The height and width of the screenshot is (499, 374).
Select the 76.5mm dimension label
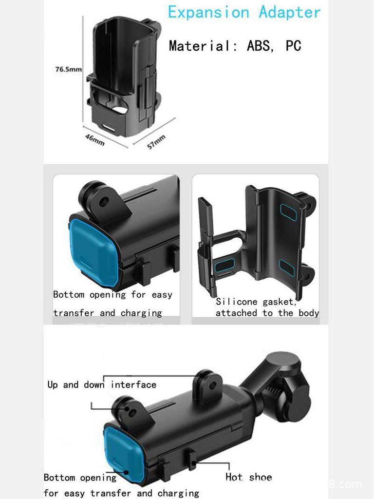tap(68, 69)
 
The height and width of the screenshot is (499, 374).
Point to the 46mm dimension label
tap(94, 139)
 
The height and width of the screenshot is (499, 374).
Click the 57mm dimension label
tap(156, 142)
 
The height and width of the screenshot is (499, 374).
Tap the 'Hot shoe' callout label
tap(248, 477)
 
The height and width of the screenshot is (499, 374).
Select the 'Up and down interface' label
tap(102, 384)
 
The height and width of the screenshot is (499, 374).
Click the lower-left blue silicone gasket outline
tap(224, 265)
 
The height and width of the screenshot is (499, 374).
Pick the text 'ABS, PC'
tap(274, 46)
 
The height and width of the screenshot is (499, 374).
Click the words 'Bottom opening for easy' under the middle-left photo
tap(112, 294)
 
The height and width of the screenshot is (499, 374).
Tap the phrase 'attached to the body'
tap(267, 313)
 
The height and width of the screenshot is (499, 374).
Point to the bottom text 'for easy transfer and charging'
tap(121, 493)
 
